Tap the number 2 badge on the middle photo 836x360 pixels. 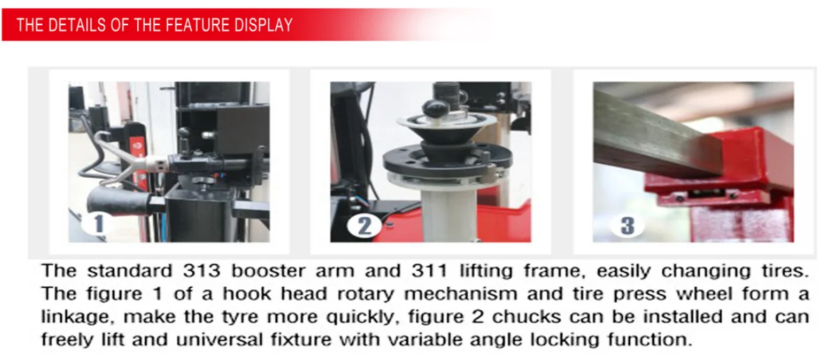pyautogui.click(x=365, y=226)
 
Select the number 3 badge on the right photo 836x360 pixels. pyautogui.click(x=627, y=226)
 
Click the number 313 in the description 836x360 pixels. pyautogui.click(x=197, y=270)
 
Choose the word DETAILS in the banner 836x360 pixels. pyautogui.click(x=74, y=26)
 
